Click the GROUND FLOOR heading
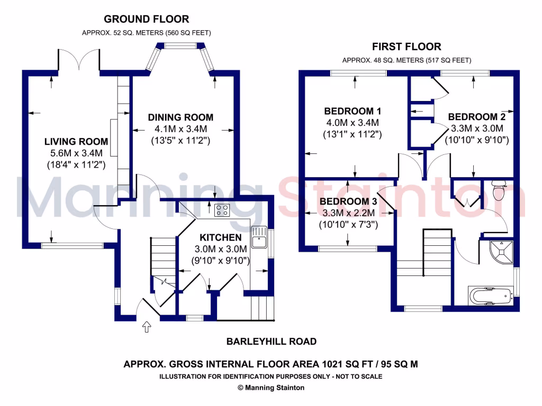tap(146, 19)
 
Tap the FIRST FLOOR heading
tap(406, 47)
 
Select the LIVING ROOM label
tap(76, 142)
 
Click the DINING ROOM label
tap(180, 117)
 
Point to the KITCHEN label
tap(221, 237)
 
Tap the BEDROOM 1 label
tap(353, 111)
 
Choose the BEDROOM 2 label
tap(477, 117)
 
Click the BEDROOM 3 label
tap(348, 201)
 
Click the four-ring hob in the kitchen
tap(222, 210)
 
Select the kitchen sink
tap(259, 237)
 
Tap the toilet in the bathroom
tap(499, 190)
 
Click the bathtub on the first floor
tap(491, 296)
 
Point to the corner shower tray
tap(502, 252)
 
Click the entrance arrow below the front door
tap(147, 327)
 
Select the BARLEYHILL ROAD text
tap(272, 342)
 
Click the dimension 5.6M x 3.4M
tap(76, 153)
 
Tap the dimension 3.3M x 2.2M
tap(348, 213)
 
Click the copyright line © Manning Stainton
tap(271, 387)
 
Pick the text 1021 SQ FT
tap(347, 364)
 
